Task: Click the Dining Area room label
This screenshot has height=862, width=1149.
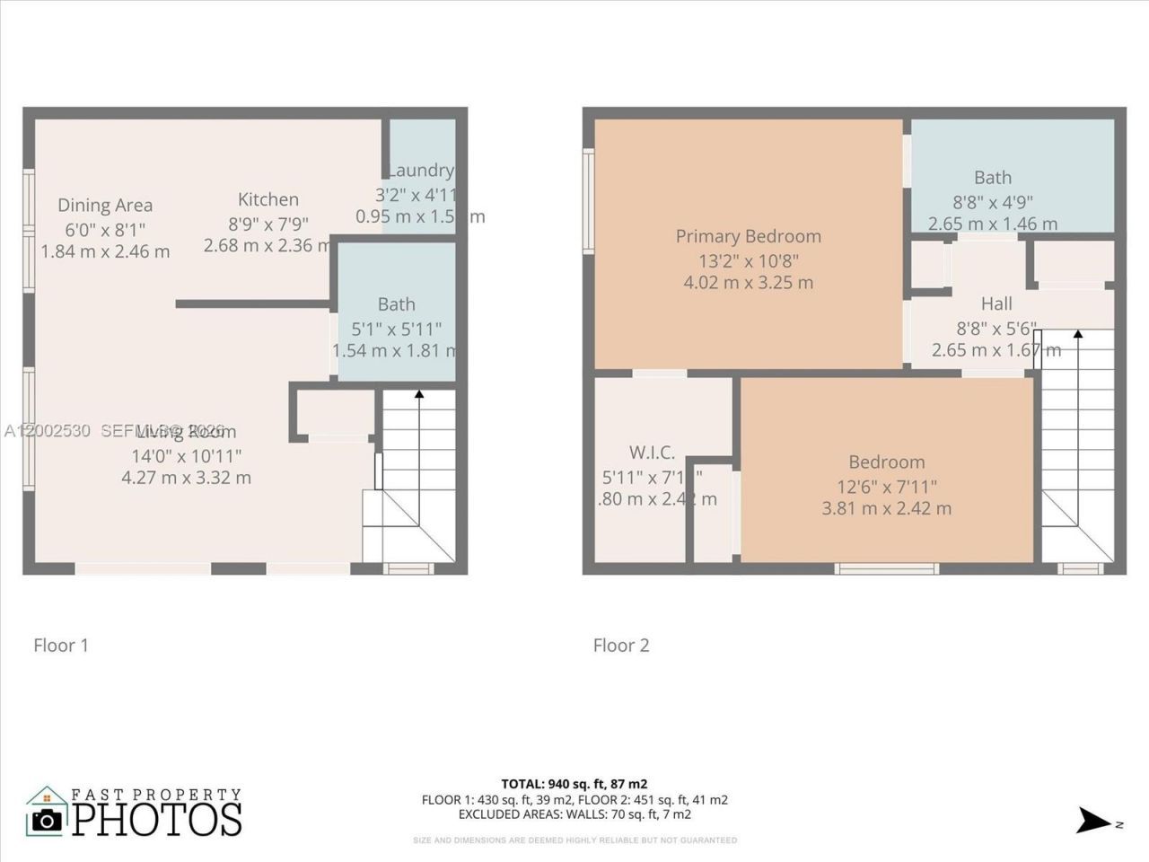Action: [x=105, y=206]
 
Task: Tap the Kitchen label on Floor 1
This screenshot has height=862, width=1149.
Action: [x=268, y=199]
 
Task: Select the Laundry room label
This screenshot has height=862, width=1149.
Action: [x=420, y=171]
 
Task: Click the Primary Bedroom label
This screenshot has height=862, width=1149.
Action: [x=748, y=236]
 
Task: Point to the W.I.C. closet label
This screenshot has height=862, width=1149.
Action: [x=652, y=453]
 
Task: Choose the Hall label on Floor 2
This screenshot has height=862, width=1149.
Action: [x=996, y=303]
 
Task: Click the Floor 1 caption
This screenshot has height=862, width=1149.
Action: [x=61, y=645]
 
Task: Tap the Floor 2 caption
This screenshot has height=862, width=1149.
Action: [x=621, y=645]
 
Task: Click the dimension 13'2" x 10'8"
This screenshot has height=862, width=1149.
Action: [x=748, y=260]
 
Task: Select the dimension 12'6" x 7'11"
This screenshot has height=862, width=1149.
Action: [x=886, y=486]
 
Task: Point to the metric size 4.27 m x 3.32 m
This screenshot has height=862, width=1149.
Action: [x=186, y=478]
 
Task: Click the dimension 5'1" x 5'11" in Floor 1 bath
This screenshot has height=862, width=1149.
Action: [x=396, y=328]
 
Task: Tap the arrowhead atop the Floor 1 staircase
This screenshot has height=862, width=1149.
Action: [x=418, y=393]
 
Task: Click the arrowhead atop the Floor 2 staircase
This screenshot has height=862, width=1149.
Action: [x=1078, y=334]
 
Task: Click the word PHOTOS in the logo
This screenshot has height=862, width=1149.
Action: [x=157, y=819]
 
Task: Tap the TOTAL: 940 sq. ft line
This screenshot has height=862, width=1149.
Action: [x=574, y=784]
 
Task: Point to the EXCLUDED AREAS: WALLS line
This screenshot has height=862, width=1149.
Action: [x=574, y=814]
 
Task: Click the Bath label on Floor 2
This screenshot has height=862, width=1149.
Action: [x=993, y=178]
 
